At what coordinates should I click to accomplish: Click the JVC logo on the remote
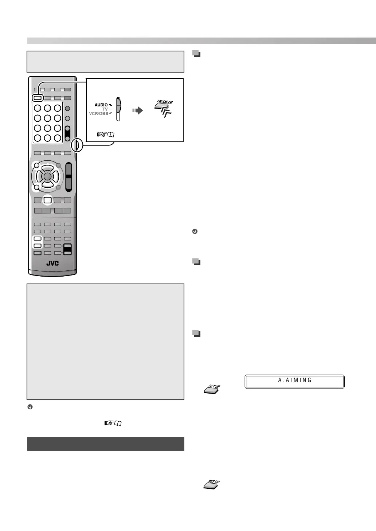[52, 263]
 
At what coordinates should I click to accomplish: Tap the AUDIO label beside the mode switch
[101, 105]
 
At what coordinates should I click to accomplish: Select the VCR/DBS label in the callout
[98, 114]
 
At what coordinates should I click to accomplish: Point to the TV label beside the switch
[105, 109]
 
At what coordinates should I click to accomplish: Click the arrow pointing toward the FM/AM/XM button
[137, 110]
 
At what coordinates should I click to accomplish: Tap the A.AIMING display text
[295, 380]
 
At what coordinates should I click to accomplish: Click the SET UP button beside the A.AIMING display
[212, 389]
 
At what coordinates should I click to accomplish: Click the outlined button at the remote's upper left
[37, 98]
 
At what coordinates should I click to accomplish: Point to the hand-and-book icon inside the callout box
[106, 134]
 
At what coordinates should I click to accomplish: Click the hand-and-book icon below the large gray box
[113, 423]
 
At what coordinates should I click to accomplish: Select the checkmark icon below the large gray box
[30, 407]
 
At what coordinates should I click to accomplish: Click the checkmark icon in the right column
[195, 231]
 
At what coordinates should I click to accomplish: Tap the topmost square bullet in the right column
[196, 54]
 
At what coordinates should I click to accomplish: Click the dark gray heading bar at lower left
[105, 444]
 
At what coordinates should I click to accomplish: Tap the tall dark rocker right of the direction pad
[68, 177]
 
